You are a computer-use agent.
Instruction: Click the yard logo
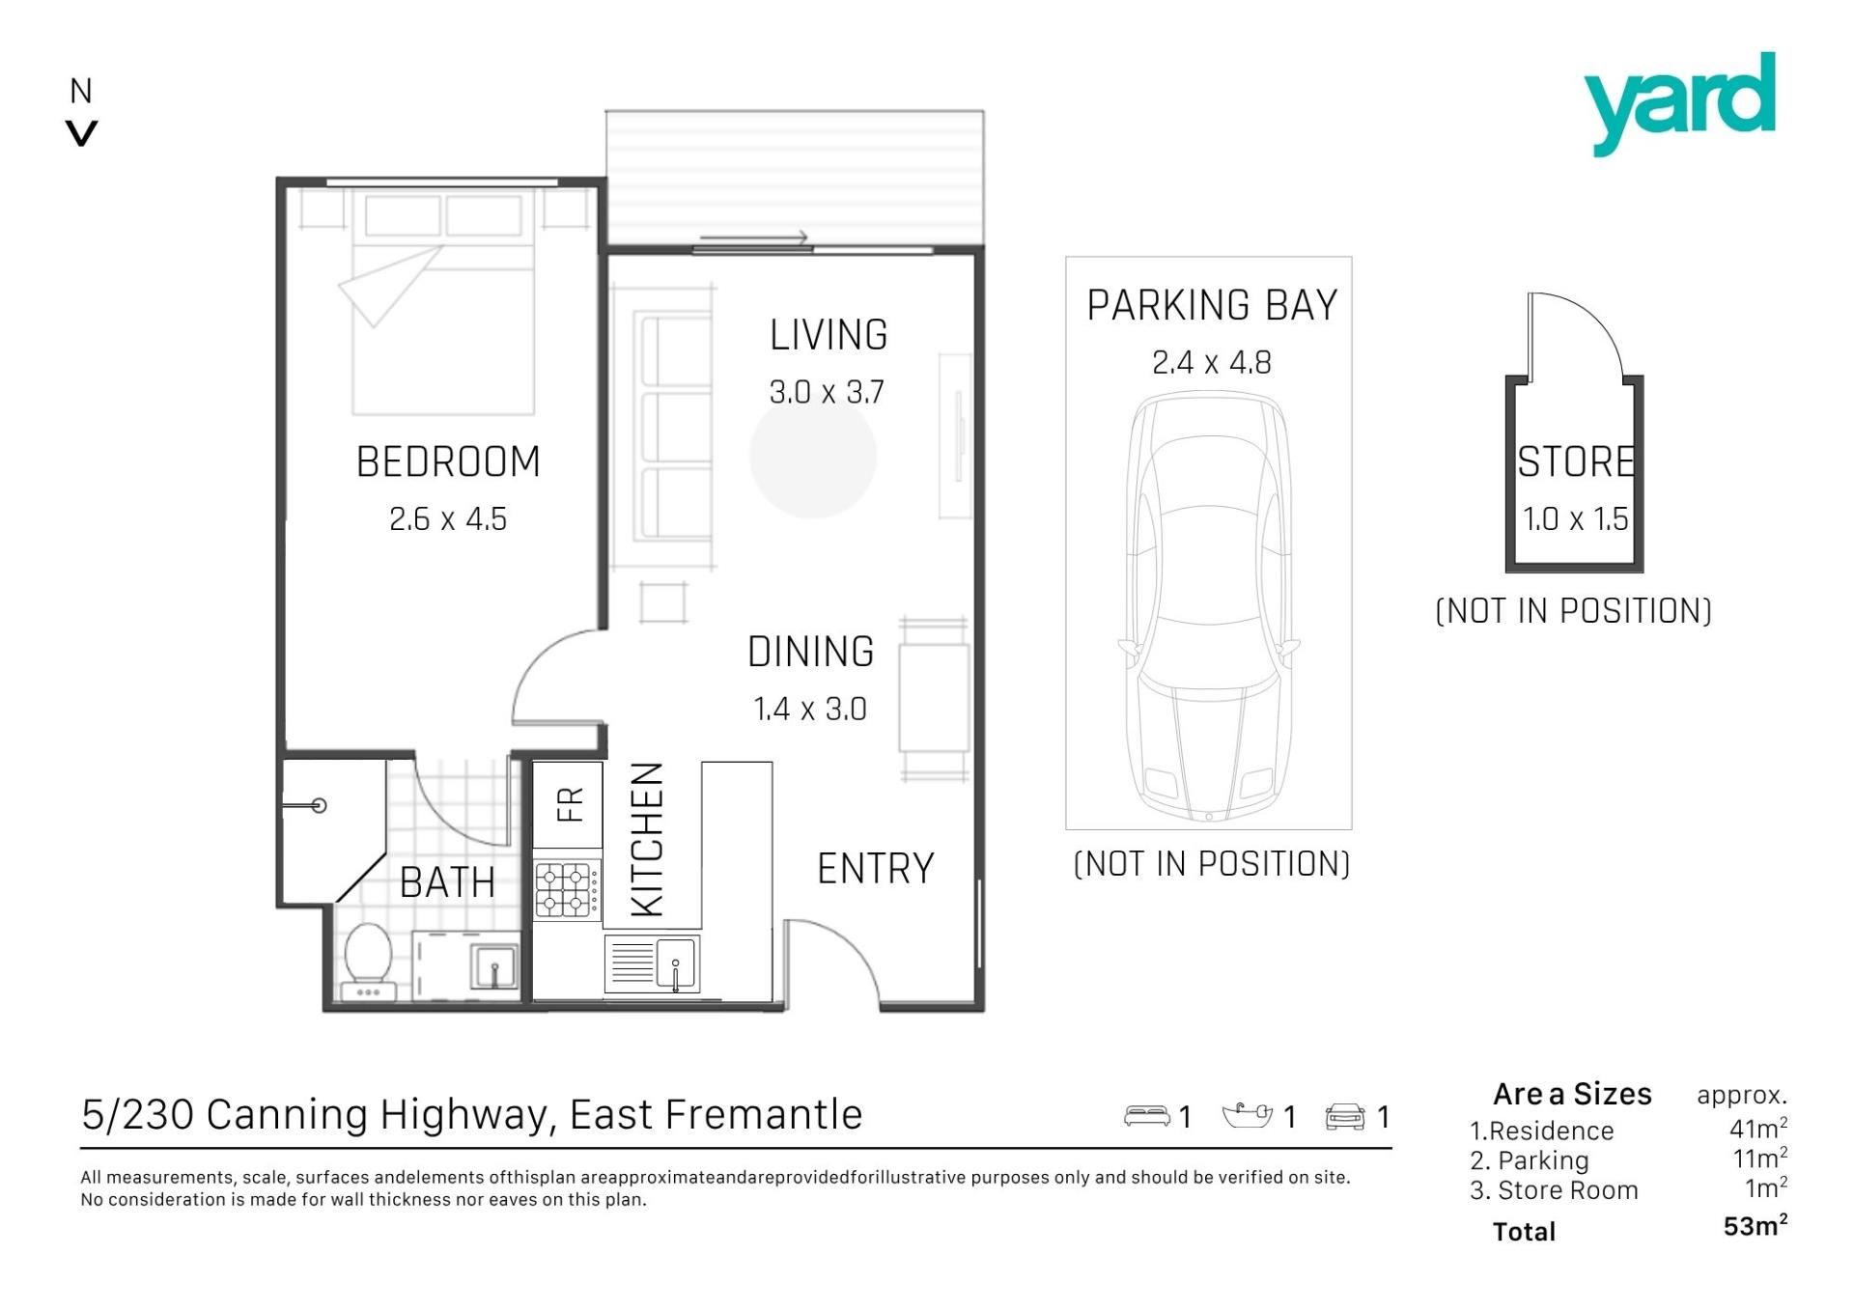pos(1679,103)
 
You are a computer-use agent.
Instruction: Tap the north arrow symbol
pos(82,133)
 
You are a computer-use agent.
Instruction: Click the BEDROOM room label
pos(448,461)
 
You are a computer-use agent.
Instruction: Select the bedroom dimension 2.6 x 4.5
pos(448,519)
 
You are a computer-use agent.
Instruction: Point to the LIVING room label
pos(829,335)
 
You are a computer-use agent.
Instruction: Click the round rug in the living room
pos(813,456)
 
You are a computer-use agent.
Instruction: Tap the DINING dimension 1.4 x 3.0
pos(810,710)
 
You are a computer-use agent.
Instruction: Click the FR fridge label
pos(571,804)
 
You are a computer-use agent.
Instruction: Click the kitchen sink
pos(675,963)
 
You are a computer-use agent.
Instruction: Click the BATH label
pos(447,882)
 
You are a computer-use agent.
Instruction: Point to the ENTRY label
pos(876,869)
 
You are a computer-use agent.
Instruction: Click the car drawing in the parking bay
pos(1209,606)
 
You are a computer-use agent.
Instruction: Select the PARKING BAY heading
pos(1212,305)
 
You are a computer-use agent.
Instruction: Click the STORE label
pos(1576,461)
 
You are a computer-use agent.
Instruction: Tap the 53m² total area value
pos(1756,1226)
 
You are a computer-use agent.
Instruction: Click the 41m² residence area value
pos(1758,1128)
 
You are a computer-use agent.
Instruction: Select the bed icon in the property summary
pos(1147,1116)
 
